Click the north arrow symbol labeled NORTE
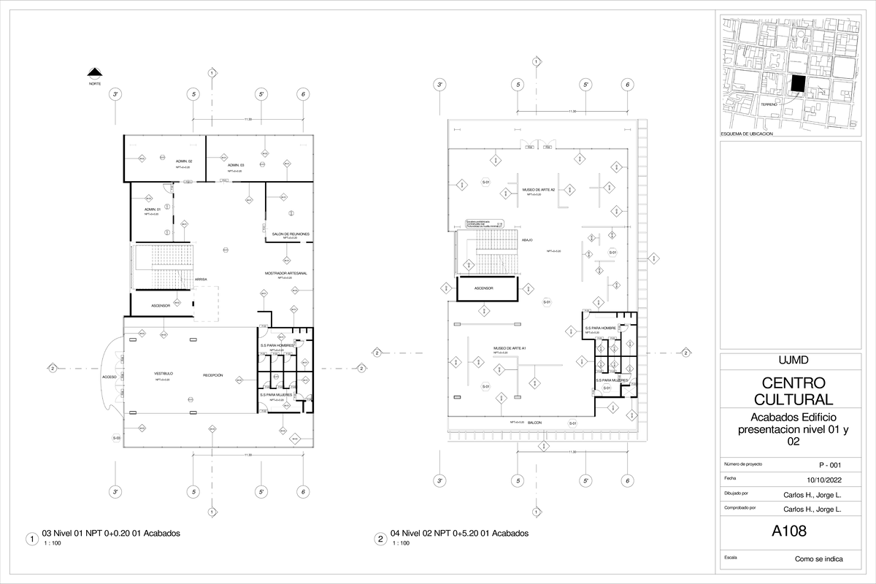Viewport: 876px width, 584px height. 94,73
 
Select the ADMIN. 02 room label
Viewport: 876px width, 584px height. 184,161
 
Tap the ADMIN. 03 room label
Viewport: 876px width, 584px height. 235,166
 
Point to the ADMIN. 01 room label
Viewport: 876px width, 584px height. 152,209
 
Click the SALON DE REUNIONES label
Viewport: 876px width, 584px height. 290,234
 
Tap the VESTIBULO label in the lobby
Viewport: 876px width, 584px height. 163,374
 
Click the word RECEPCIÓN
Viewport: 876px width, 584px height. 212,375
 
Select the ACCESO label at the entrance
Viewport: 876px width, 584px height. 109,377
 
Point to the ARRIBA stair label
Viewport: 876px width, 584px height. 200,279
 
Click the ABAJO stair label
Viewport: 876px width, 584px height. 527,239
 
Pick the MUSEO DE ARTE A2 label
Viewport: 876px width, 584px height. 538,189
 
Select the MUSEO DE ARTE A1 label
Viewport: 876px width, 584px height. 510,348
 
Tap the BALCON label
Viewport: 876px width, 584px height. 534,422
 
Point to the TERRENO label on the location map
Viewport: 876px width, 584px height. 769,105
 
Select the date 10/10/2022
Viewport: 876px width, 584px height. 823,480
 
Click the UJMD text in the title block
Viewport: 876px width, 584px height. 788,360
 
